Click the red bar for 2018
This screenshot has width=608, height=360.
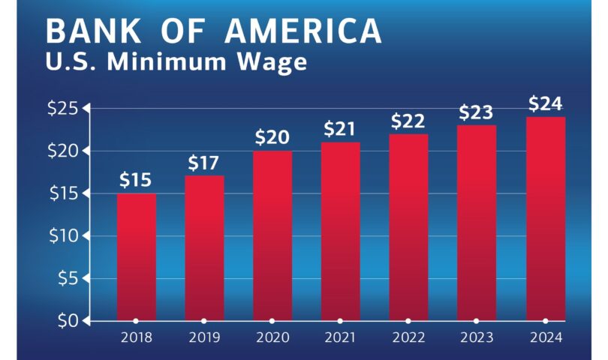137,256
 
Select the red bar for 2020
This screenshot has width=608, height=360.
272,235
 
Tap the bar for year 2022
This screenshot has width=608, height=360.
408,227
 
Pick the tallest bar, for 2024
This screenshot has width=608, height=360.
546,218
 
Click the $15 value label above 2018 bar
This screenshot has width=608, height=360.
136,180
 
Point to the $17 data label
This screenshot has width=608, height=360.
203,162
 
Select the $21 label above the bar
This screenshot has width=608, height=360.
340,129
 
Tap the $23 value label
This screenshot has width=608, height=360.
476,112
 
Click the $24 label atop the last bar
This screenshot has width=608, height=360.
545,103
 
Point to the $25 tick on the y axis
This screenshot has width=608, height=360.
64,109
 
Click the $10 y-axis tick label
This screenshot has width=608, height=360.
64,235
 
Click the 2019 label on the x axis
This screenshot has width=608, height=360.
203,338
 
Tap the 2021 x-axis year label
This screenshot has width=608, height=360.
340,338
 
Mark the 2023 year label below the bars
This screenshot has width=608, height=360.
477,338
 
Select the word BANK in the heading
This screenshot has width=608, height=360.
94,31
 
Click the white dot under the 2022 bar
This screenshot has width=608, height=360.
408,320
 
